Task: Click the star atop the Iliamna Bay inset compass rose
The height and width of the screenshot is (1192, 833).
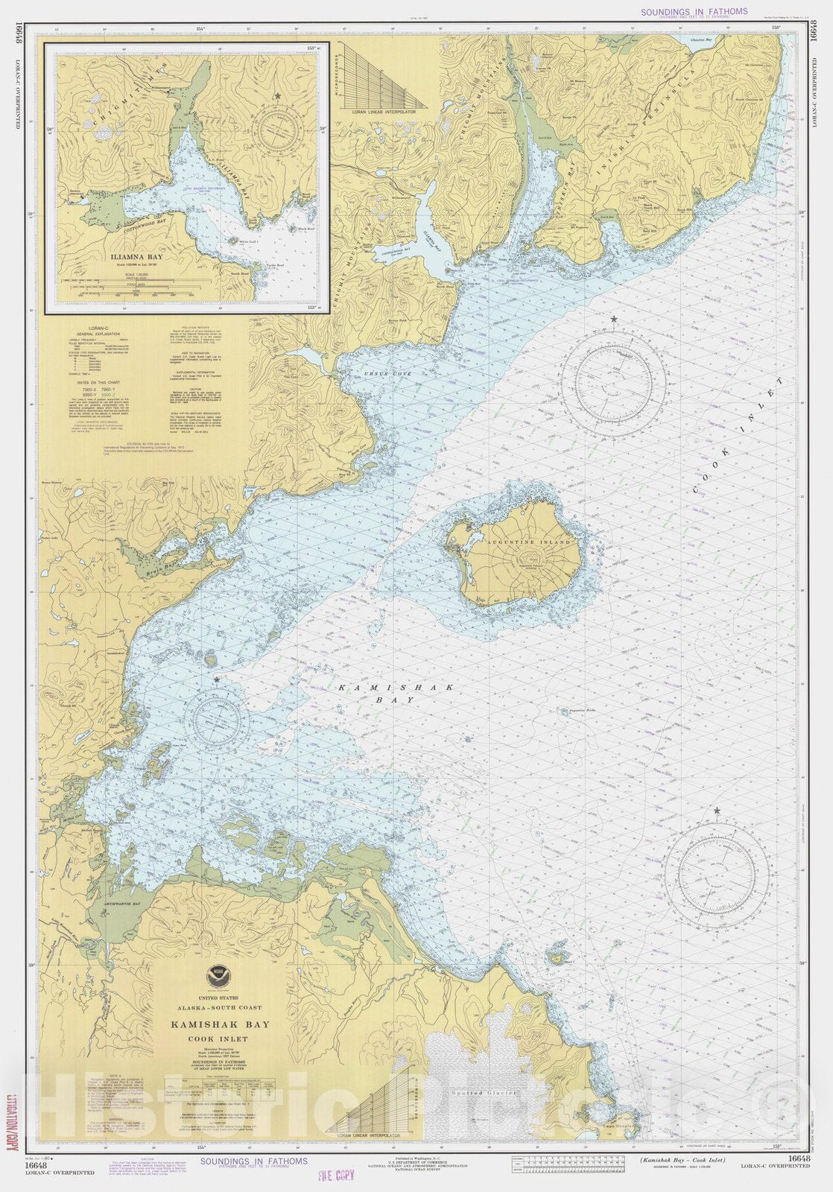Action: coord(278,96)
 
